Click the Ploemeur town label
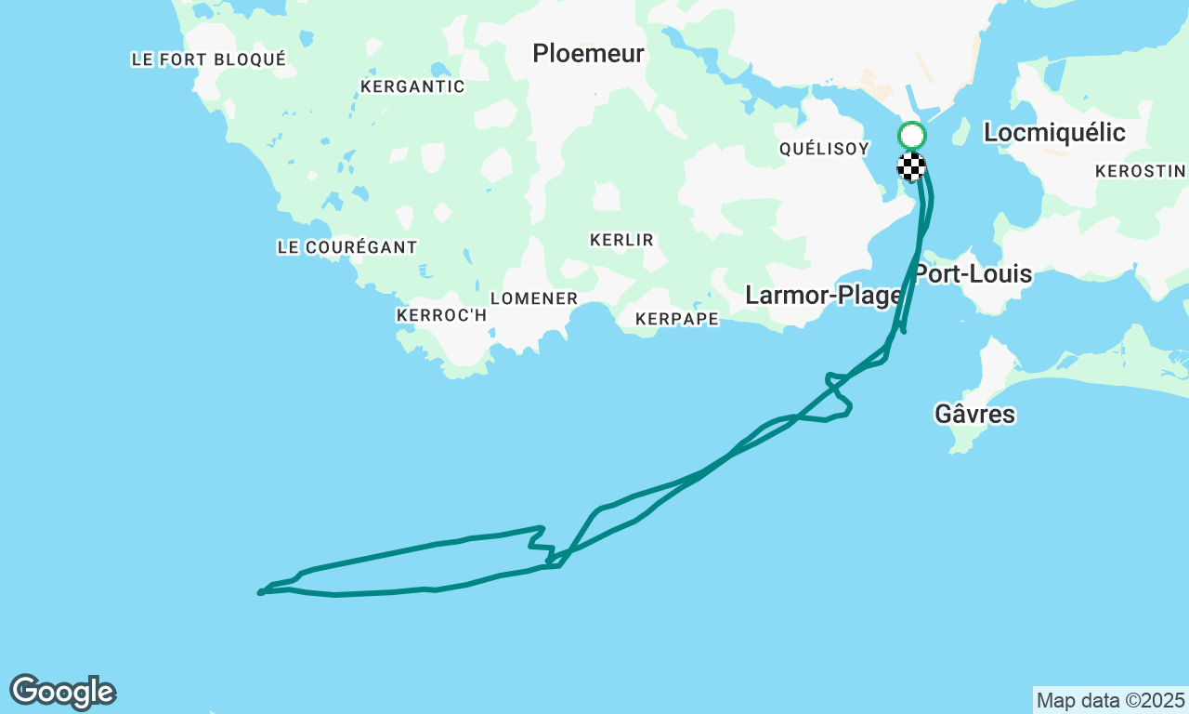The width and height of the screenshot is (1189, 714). tap(588, 54)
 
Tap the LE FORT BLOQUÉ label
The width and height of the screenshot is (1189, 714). tap(209, 59)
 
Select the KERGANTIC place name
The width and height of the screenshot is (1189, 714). tap(412, 86)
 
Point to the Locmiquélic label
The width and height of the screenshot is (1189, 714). tap(1054, 133)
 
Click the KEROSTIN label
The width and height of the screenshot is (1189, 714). tap(1140, 171)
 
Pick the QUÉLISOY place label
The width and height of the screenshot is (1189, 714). tap(824, 149)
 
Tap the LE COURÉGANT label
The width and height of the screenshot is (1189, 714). tap(347, 247)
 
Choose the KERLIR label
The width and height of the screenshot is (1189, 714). tap(621, 240)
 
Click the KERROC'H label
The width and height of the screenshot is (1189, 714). tap(441, 315)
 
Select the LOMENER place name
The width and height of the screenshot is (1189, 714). tap(534, 298)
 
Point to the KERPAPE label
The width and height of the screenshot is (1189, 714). tap(677, 319)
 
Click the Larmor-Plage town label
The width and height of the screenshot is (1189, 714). tap(824, 296)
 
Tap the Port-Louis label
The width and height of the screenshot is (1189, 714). tap(973, 274)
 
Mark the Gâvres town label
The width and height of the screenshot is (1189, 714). tap(974, 414)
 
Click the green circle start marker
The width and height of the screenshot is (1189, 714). tap(911, 136)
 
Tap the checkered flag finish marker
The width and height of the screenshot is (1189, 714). tap(911, 166)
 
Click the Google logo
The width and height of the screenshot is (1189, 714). tap(62, 693)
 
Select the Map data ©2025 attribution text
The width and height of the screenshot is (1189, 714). tap(1110, 700)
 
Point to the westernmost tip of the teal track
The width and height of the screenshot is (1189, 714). tap(260, 592)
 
